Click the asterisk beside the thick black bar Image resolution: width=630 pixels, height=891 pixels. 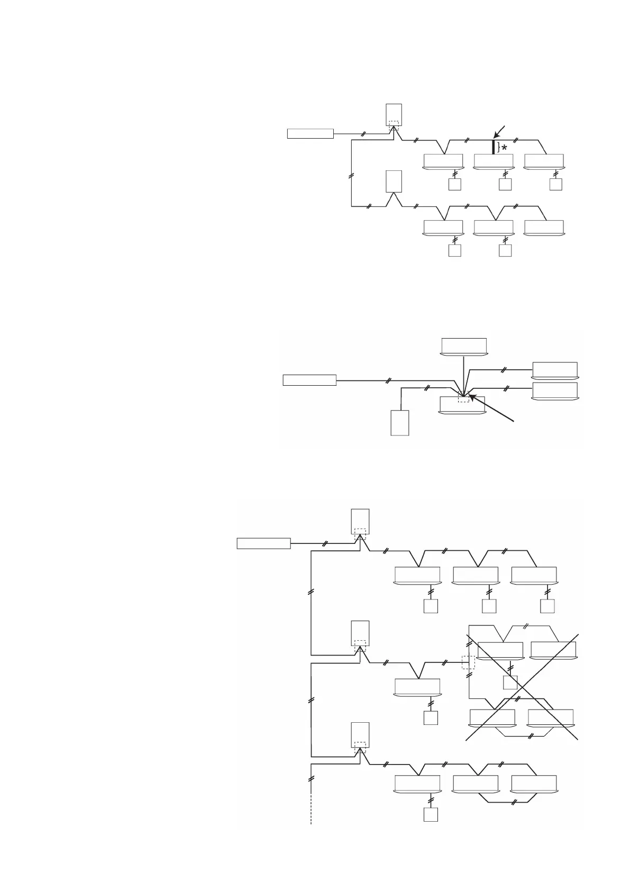pyautogui.click(x=504, y=148)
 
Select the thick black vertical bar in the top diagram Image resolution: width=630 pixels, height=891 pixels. pyautogui.click(x=494, y=147)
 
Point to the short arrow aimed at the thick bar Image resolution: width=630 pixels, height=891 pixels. pyautogui.click(x=500, y=132)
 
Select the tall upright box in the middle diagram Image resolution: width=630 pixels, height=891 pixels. pyautogui.click(x=400, y=423)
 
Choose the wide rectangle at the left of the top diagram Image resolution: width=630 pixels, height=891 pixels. pyautogui.click(x=310, y=133)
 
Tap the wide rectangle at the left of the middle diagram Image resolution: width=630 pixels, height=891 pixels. pyautogui.click(x=309, y=380)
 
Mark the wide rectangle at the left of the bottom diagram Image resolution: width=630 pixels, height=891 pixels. pyautogui.click(x=263, y=543)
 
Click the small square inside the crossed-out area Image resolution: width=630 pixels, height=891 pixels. pyautogui.click(x=510, y=683)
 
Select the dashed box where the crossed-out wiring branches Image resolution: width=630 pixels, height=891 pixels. pyautogui.click(x=468, y=662)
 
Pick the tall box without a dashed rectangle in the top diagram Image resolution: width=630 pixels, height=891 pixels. pyautogui.click(x=394, y=181)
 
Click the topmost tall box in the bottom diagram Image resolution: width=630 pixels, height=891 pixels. pyautogui.click(x=360, y=522)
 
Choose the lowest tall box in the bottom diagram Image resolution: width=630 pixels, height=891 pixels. pyautogui.click(x=360, y=736)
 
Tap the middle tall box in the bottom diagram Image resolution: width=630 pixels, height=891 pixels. pyautogui.click(x=360, y=633)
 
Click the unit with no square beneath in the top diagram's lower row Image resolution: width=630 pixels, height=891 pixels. pyautogui.click(x=544, y=228)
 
